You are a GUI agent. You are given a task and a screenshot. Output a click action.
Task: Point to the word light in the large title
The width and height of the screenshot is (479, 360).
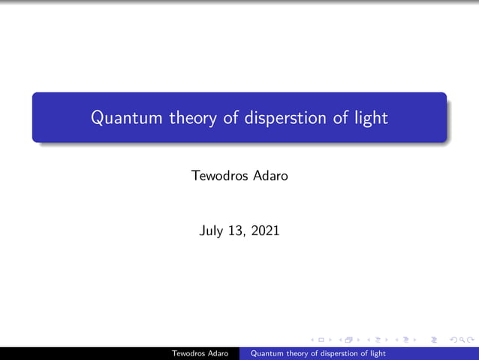[371, 118]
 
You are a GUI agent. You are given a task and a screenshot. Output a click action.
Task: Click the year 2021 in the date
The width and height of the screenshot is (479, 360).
[265, 231]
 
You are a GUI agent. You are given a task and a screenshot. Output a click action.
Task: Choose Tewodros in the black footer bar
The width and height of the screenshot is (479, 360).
[190, 353]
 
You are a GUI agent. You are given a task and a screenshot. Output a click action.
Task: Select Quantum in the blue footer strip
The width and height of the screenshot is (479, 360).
[267, 353]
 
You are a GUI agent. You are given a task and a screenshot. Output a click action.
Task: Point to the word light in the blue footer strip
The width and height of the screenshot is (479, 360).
[378, 353]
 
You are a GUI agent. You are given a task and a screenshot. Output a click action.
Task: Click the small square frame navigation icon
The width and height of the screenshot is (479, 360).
[322, 340]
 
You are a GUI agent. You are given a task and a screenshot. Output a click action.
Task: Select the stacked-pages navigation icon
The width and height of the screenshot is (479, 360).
[348, 340]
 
